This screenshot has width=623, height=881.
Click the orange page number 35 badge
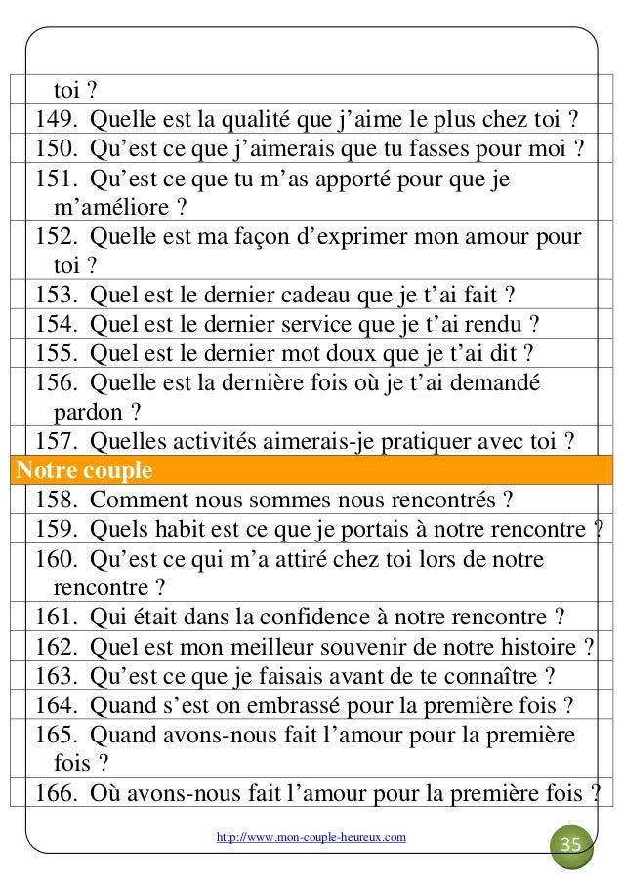coord(571,843)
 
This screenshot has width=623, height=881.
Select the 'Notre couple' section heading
coord(84,472)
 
